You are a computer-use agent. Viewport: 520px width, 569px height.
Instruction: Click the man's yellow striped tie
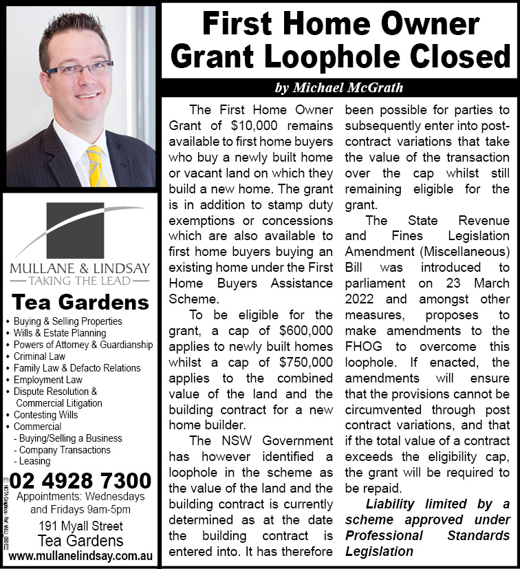(97, 166)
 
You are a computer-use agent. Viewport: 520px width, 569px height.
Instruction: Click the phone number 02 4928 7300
(80, 480)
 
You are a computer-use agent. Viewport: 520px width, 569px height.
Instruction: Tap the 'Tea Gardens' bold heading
(80, 302)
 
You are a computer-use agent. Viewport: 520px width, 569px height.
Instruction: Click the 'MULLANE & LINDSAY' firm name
(80, 268)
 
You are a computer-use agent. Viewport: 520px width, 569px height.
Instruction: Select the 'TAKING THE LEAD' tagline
(80, 281)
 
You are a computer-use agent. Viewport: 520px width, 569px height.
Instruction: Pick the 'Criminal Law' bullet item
(39, 356)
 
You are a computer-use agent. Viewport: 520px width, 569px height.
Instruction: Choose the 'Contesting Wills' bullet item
(46, 415)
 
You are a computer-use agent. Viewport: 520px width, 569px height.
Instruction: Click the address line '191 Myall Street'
(80, 526)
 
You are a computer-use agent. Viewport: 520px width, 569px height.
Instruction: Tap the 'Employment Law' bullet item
(48, 380)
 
